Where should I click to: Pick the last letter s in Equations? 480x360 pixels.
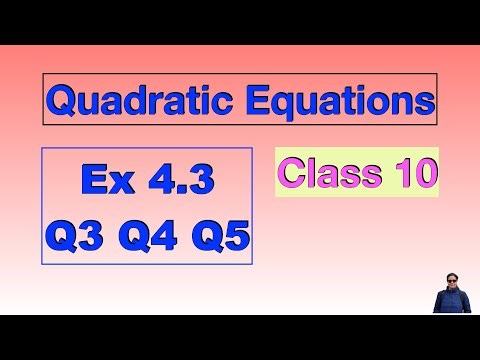point(426,103)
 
